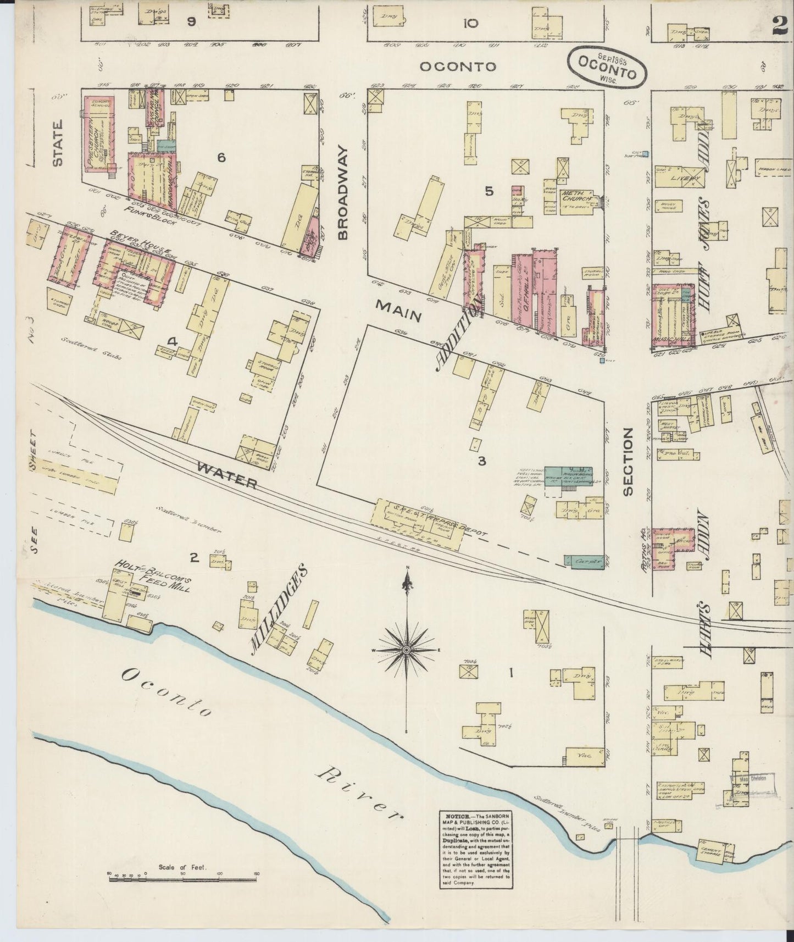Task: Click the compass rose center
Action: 406,650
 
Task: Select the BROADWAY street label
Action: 344,193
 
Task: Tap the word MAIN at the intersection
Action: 398,311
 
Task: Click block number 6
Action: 221,158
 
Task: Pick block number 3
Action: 482,461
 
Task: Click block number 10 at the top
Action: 470,23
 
